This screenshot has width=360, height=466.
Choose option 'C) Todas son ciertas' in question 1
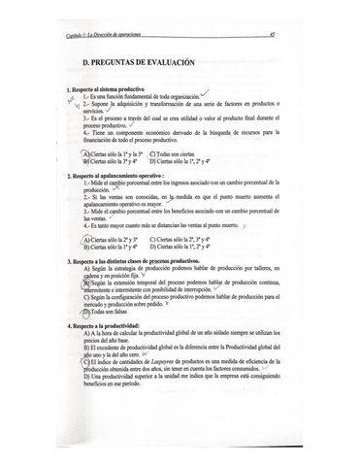tap(175, 153)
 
